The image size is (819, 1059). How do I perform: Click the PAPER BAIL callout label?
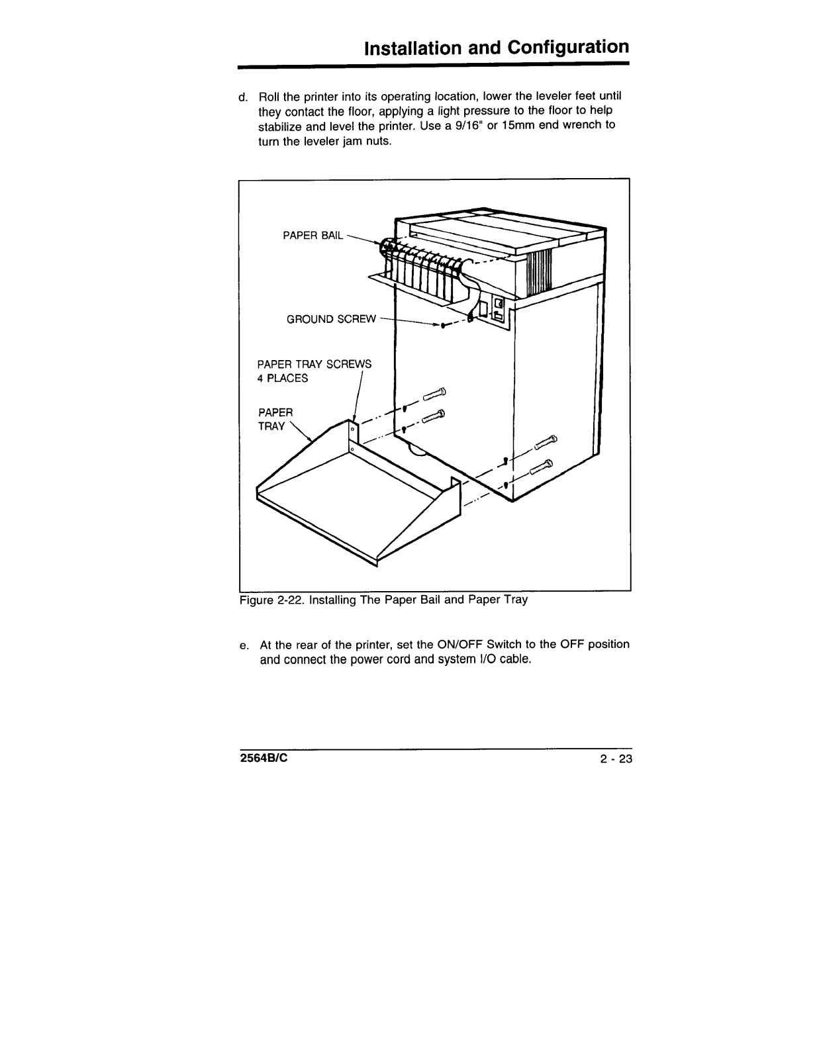[x=313, y=235]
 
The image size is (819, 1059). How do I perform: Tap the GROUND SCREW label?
[x=330, y=320]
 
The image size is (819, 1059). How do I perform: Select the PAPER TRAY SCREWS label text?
[x=314, y=364]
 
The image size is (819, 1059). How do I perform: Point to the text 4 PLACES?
[x=282, y=379]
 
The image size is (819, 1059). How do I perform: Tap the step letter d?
[x=242, y=97]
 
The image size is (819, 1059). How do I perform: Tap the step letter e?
[x=243, y=645]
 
